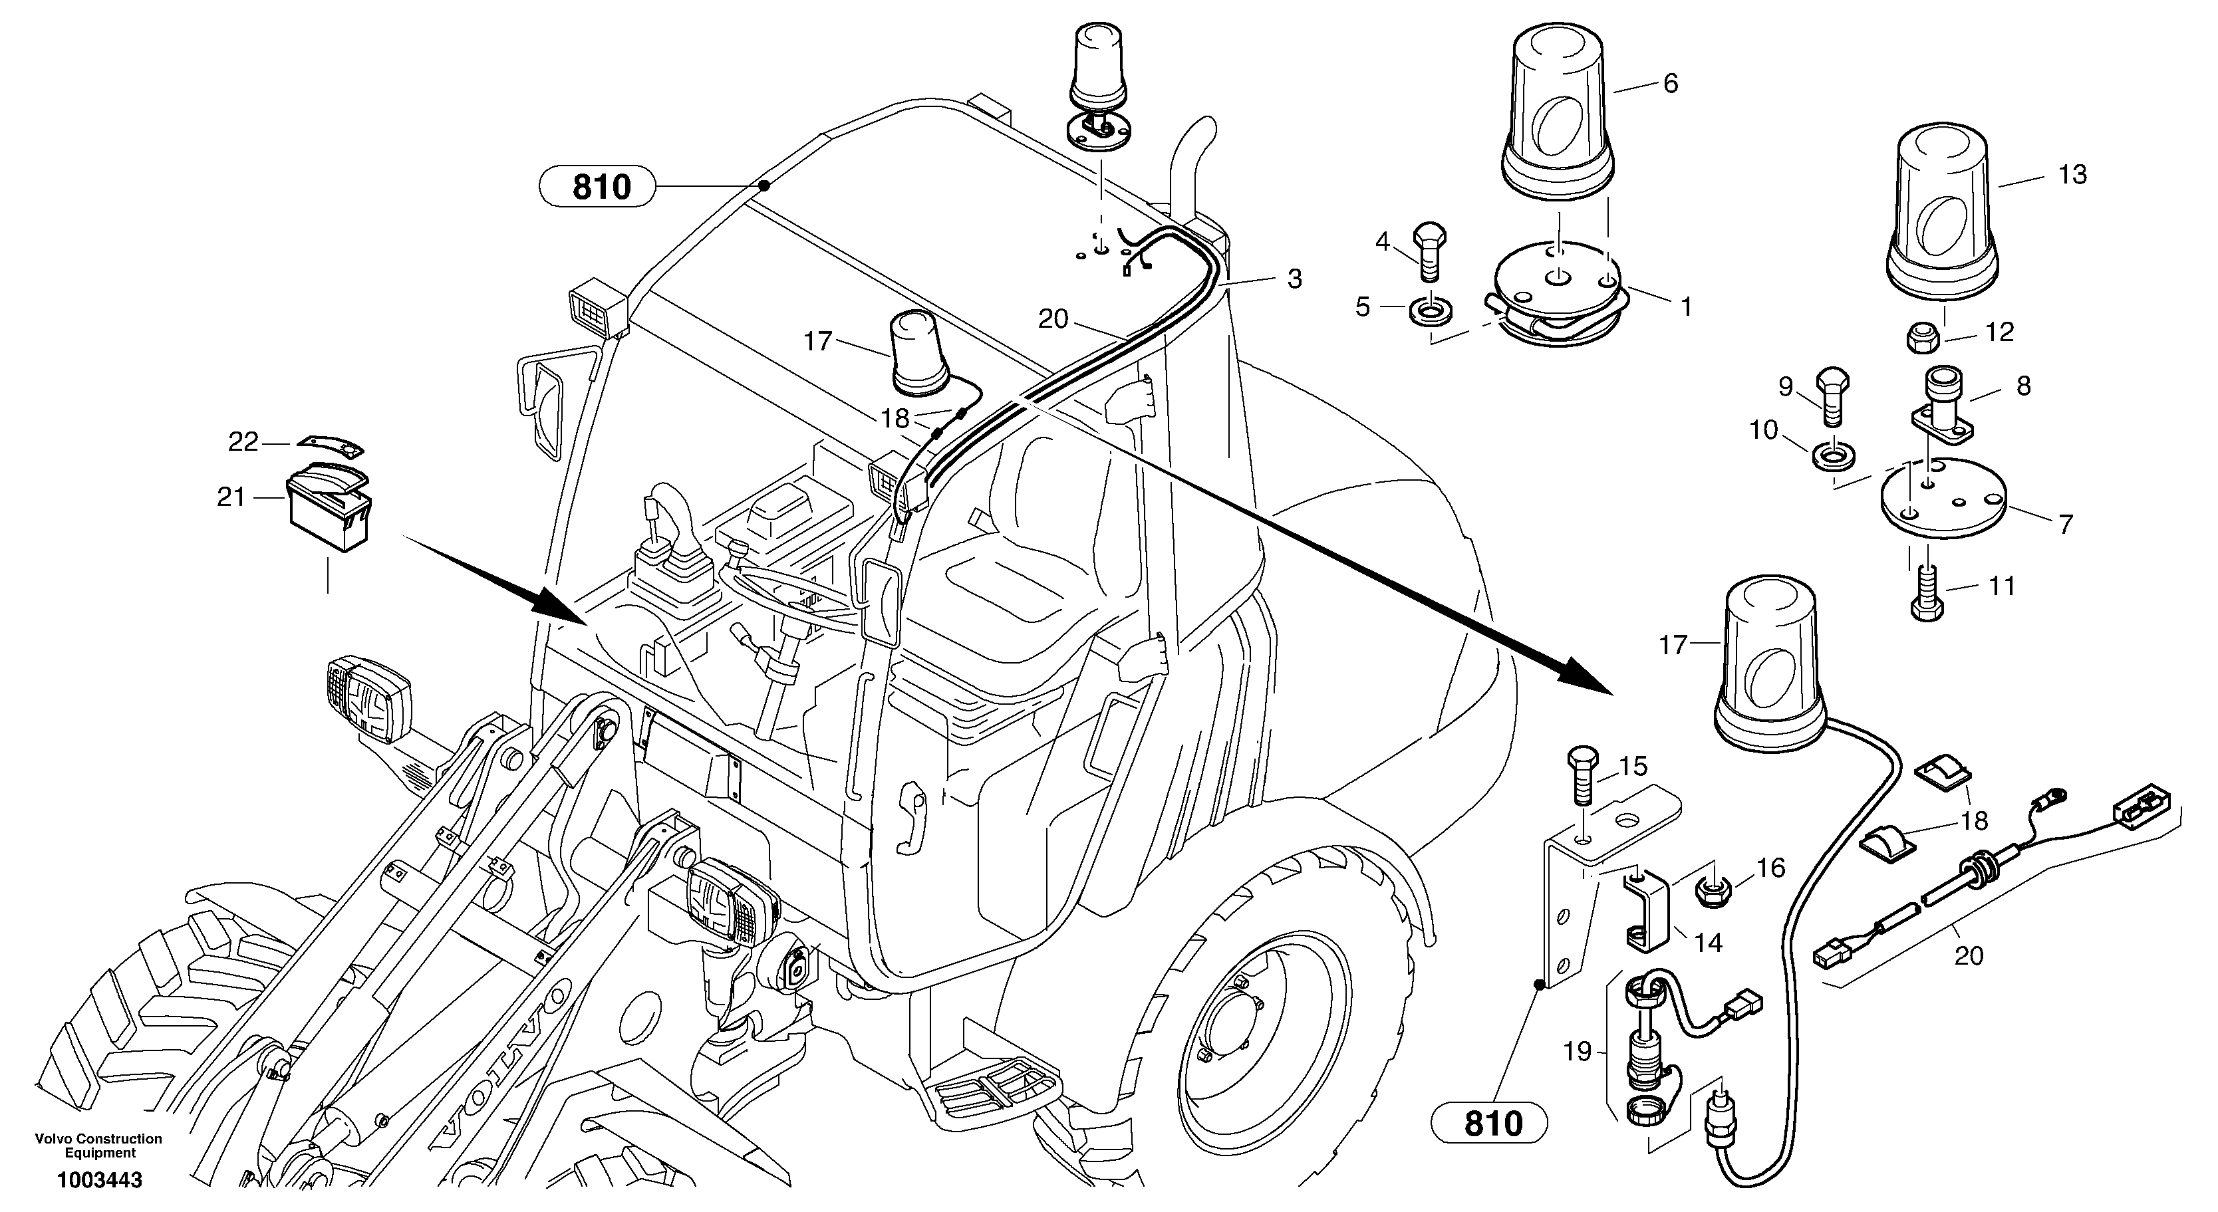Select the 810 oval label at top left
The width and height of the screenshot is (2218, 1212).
coord(600,186)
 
